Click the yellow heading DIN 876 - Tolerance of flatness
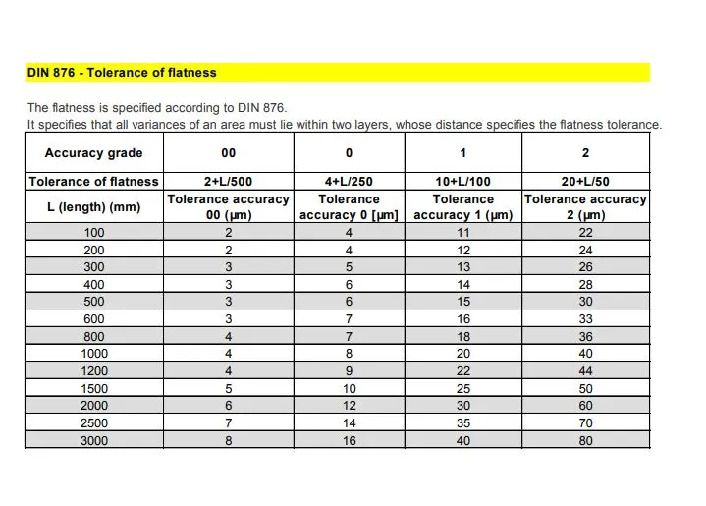point(122,73)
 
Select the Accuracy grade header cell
point(93,153)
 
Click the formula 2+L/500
point(229,182)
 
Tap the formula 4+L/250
point(349,182)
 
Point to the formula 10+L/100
point(463,182)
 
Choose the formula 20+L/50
point(586,182)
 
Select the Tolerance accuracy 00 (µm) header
point(229,207)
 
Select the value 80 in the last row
point(586,441)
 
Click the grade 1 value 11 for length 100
point(463,233)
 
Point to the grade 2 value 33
point(586,319)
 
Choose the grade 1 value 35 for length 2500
point(463,423)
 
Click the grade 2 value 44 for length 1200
point(586,371)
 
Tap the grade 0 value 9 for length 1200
point(349,371)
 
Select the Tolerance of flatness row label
point(93,182)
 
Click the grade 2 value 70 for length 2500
point(586,423)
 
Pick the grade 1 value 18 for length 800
point(463,336)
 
